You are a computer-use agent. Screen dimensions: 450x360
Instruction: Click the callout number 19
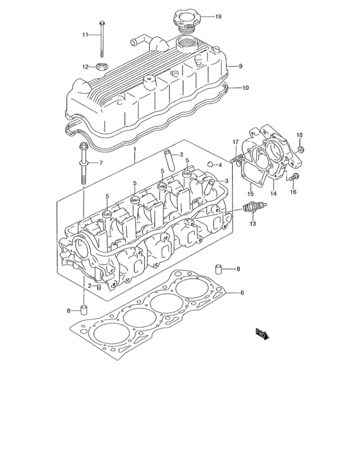218,16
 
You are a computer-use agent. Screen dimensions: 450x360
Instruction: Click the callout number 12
85,66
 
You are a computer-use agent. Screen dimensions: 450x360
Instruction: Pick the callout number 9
240,66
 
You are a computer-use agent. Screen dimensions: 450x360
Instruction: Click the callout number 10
244,87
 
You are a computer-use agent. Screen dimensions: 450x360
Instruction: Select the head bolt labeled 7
84,165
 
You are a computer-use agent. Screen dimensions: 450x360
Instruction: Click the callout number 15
251,193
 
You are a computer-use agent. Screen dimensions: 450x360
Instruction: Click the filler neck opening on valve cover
186,44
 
